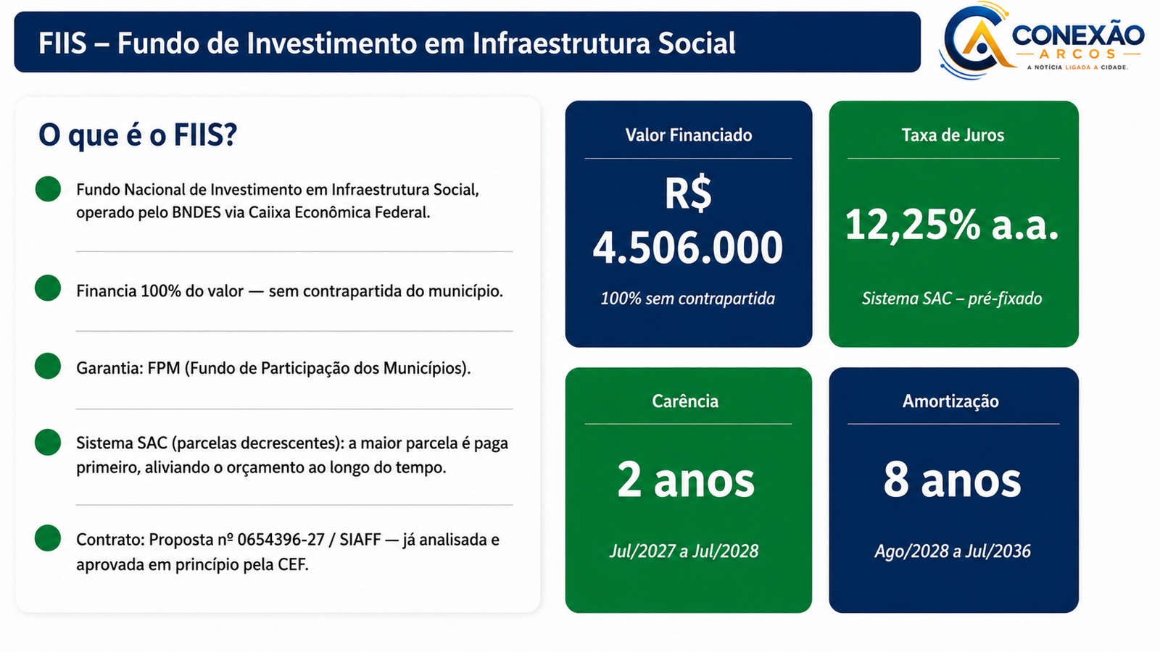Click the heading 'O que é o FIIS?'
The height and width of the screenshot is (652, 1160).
click(138, 135)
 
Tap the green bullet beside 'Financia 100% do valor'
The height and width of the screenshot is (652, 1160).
click(48, 288)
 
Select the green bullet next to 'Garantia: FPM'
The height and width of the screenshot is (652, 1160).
click(48, 366)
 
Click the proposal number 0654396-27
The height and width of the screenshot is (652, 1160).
click(281, 540)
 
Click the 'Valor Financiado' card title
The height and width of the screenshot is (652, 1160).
click(689, 135)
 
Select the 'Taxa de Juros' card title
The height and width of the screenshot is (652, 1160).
click(953, 135)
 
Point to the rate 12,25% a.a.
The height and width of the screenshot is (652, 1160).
click(952, 225)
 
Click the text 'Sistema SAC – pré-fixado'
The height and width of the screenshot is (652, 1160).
click(952, 298)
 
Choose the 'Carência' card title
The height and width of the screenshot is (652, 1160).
click(685, 401)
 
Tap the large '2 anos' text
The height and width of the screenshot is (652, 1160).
click(686, 480)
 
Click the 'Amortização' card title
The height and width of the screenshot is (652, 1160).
click(950, 401)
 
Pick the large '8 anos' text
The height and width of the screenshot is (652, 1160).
click(953, 480)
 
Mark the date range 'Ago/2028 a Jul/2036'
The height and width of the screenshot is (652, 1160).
click(953, 551)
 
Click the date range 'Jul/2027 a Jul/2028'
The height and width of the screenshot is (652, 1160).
click(684, 551)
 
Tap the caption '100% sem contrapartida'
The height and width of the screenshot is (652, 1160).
click(688, 298)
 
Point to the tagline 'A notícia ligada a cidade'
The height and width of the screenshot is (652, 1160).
click(1077, 67)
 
